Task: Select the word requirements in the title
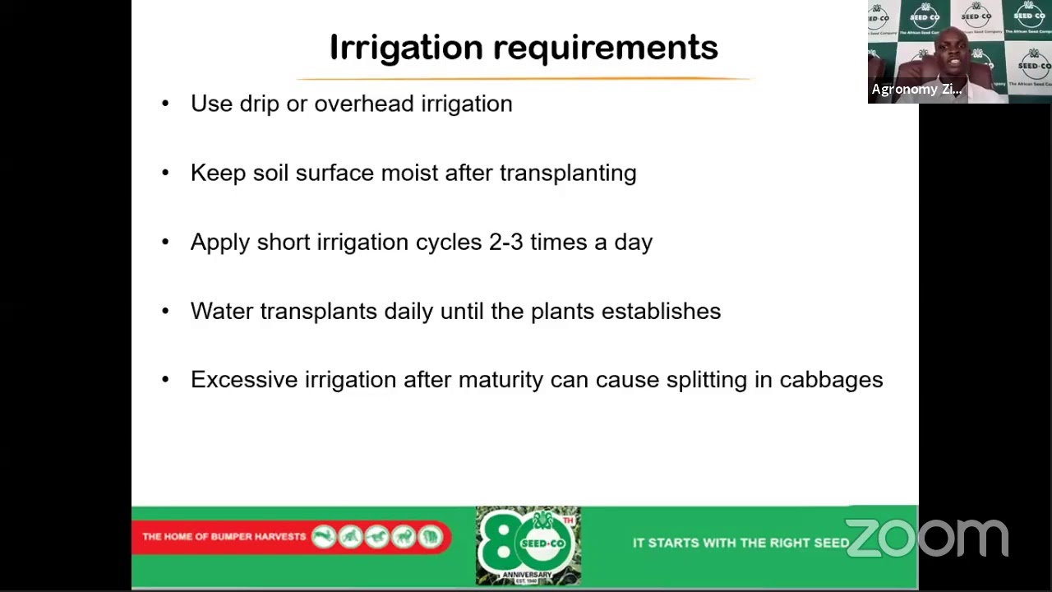click(x=606, y=48)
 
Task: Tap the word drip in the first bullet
click(x=259, y=104)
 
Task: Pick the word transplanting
click(x=567, y=173)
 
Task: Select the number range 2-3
click(x=505, y=242)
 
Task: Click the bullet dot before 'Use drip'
click(x=165, y=104)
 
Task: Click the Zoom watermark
click(x=926, y=539)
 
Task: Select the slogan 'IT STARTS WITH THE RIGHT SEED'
click(x=741, y=543)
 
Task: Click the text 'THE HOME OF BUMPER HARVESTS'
click(x=224, y=537)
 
